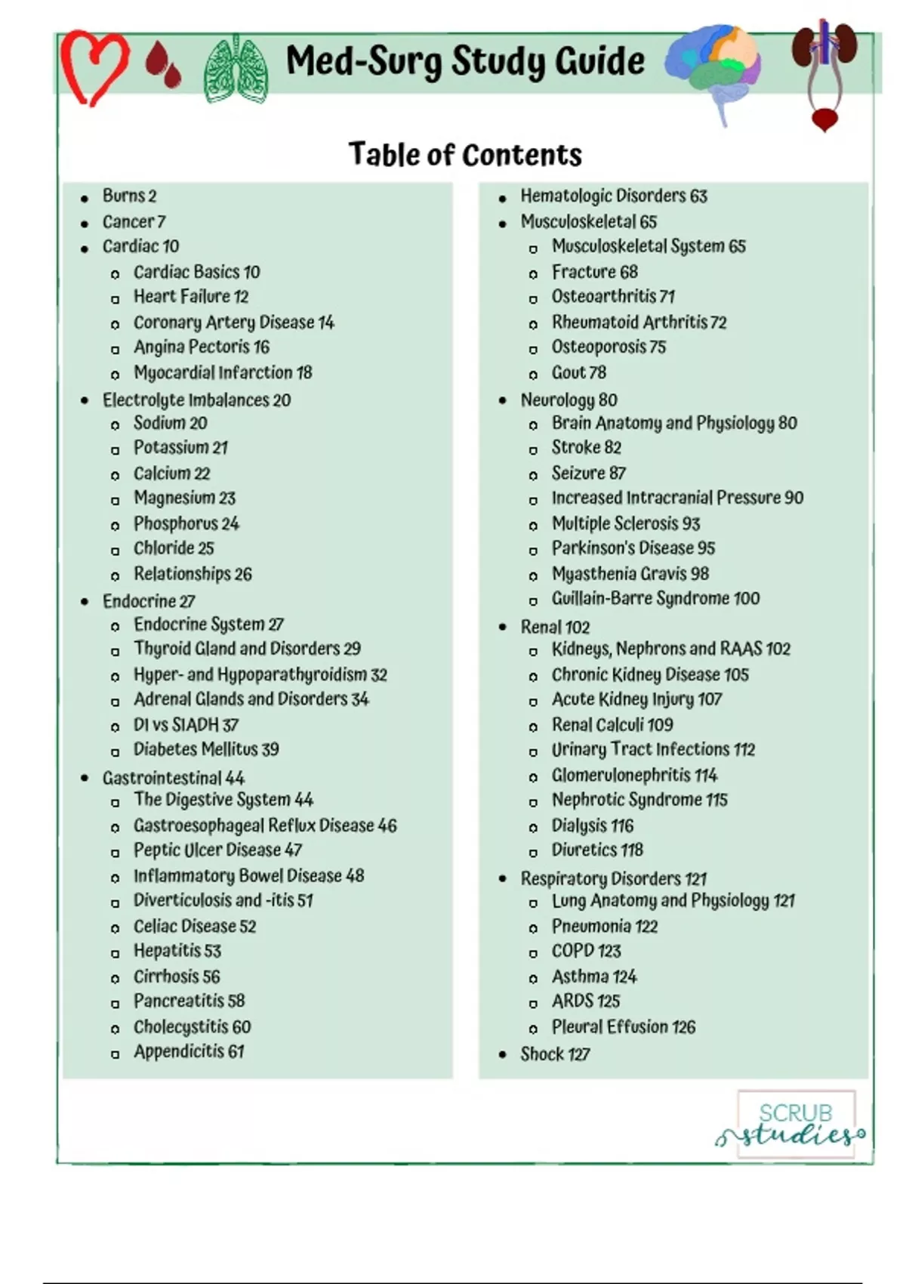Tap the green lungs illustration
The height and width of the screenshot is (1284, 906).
pos(236,69)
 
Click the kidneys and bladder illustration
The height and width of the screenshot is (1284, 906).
pos(824,73)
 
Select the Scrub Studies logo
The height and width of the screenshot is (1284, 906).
pos(795,1124)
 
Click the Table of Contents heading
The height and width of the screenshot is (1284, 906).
pos(465,155)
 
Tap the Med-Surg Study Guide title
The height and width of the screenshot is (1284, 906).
pos(465,61)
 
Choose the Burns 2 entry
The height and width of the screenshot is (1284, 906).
pos(129,196)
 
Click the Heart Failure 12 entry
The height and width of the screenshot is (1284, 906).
pos(191,297)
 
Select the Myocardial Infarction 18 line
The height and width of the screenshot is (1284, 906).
pos(223,373)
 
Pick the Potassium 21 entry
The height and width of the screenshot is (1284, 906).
pos(180,448)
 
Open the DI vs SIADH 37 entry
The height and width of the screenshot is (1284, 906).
pos(186,725)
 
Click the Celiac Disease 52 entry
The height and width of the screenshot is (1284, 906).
pos(195,926)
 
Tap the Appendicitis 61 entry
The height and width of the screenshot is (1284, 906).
pos(189,1051)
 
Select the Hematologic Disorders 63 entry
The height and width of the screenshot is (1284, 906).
pos(613,196)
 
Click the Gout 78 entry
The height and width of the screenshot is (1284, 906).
pos(578,373)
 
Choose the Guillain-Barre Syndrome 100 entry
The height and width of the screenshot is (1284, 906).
pos(655,599)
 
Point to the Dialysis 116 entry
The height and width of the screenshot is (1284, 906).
pos(592,826)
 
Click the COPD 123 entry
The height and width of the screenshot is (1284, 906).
pos(586,951)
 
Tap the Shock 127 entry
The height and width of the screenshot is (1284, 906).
pos(555,1054)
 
